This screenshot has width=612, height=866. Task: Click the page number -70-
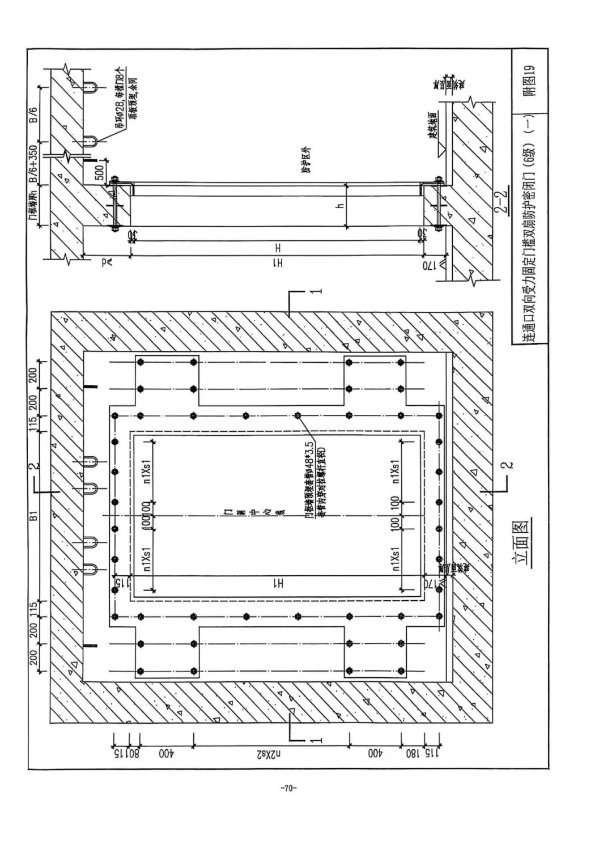(x=288, y=787)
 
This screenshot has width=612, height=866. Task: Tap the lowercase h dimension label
(x=340, y=205)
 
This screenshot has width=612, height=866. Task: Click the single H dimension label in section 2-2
(x=278, y=248)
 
